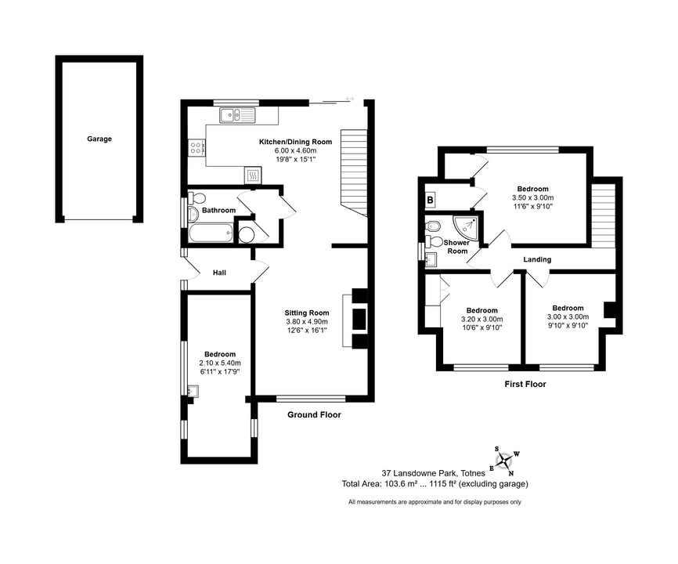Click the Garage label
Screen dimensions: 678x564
[99, 139]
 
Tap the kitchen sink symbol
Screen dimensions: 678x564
[237, 115]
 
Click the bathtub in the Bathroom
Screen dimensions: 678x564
[211, 234]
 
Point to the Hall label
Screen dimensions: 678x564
[219, 273]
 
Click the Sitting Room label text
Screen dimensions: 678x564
[307, 313]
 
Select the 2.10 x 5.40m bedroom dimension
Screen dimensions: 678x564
[220, 363]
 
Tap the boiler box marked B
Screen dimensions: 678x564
[431, 201]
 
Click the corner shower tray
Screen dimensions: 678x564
[466, 228]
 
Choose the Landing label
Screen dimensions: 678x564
[537, 259]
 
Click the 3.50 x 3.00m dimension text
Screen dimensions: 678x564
[532, 197]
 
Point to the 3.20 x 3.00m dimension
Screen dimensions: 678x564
[481, 319]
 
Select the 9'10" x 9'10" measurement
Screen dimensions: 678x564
[568, 325]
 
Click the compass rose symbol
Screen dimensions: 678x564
[504, 461]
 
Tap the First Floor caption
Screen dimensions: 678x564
[525, 384]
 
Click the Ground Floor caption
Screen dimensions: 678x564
[315, 415]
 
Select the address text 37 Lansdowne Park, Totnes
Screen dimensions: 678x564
[433, 474]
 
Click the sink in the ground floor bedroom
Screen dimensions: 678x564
[193, 391]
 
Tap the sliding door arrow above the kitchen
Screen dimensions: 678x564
[350, 99]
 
